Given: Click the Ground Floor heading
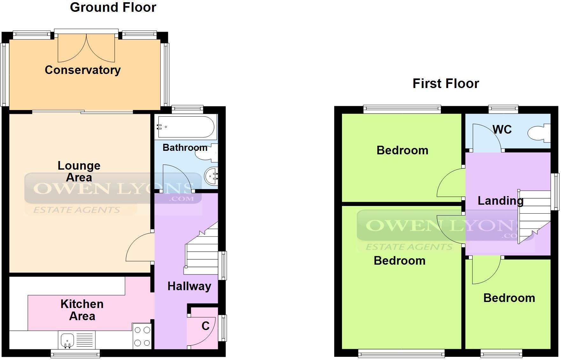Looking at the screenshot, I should pos(113,7).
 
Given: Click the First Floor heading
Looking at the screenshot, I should pos(445,84).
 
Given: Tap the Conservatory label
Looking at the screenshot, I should pos(83,70).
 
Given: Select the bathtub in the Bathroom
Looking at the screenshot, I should pos(186,127).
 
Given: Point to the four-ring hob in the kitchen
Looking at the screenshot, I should pos(142,336).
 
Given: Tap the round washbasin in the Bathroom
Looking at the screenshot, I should pos(211,176).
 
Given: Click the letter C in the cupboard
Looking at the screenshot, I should pos(206,326).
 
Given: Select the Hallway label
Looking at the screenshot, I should pos(189,286).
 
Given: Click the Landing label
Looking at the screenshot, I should pos(500,201).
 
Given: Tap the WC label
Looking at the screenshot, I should pos(502,129).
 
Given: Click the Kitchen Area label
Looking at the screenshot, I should pos(82,310).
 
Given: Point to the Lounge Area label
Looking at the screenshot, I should pos(79,171).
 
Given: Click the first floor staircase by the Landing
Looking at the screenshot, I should pos(534,217).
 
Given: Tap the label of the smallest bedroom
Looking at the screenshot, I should pos(509,298).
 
